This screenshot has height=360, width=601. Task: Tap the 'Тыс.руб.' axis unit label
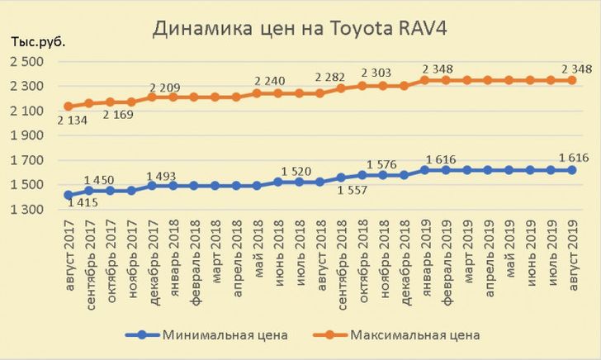(x=36, y=41)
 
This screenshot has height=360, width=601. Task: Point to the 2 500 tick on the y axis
(x=26, y=62)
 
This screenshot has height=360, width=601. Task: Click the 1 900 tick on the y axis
(x=26, y=136)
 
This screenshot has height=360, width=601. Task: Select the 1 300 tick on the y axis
(x=26, y=211)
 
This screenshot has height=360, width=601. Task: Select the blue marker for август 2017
(x=68, y=195)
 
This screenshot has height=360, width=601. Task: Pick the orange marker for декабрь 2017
(x=154, y=97)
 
